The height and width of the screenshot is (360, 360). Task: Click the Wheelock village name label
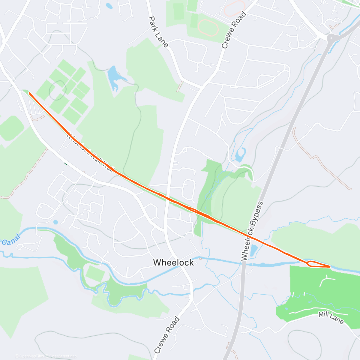point(173,262)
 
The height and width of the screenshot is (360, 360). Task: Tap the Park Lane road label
point(158,31)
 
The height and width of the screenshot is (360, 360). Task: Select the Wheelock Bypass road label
point(252,231)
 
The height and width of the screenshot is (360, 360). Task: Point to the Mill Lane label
point(331,317)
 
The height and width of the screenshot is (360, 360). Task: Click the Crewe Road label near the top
point(234,30)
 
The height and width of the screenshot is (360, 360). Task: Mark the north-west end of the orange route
point(29,93)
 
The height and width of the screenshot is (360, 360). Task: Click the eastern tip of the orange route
point(330,266)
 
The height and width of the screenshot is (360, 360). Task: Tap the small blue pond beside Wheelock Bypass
point(254,250)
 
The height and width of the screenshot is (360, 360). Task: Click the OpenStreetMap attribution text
point(63,356)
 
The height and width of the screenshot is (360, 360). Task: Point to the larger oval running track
point(207,28)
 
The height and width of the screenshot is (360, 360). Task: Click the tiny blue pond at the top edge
point(109,5)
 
